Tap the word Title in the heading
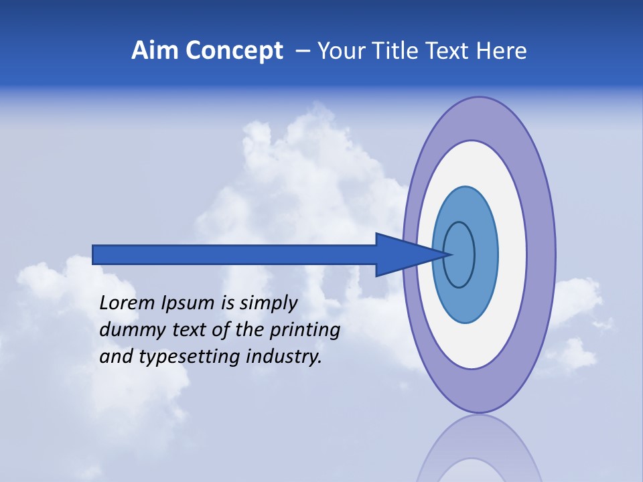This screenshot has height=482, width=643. [398, 51]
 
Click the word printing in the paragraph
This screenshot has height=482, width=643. [305, 330]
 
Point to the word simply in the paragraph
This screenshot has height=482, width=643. [268, 303]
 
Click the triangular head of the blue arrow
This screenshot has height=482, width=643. [402, 254]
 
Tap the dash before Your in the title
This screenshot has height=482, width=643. [303, 51]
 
